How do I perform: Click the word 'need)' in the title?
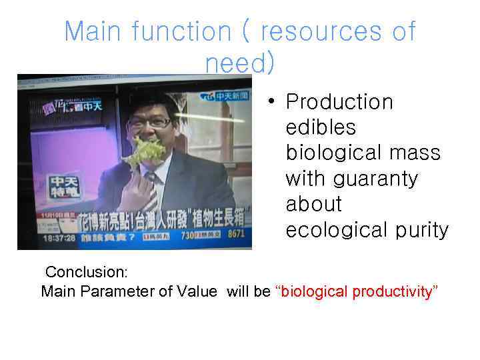[x=239, y=63]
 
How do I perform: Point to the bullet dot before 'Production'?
[x=270, y=103]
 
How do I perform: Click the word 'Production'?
[x=339, y=102]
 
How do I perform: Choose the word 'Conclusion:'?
[x=86, y=273]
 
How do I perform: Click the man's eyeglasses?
[x=150, y=122]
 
